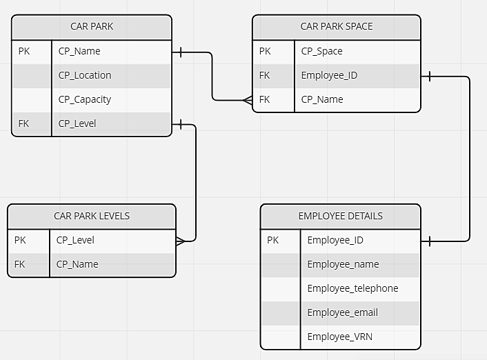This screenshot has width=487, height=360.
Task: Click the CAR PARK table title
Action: click(92, 27)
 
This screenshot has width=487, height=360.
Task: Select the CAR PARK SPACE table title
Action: click(336, 27)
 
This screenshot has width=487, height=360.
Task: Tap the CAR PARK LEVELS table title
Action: click(92, 216)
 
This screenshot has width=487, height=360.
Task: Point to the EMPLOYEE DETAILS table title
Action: click(340, 216)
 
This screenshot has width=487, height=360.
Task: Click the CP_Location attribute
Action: click(85, 75)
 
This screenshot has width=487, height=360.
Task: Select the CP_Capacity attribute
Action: click(85, 99)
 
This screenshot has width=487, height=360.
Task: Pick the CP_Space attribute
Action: click(321, 51)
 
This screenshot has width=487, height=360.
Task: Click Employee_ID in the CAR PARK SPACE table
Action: click(329, 75)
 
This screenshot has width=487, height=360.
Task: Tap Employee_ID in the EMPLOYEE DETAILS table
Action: click(335, 240)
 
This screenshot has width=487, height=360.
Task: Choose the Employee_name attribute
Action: click(343, 264)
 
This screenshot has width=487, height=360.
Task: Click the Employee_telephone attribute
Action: click(352, 288)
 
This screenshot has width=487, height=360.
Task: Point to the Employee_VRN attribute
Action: click(339, 337)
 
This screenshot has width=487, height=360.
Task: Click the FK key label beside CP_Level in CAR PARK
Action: click(24, 123)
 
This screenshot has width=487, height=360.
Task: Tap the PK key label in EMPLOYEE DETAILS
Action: click(272, 240)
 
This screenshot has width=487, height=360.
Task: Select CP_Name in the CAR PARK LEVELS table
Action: click(77, 264)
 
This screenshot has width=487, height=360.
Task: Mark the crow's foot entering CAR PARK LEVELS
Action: click(181, 241)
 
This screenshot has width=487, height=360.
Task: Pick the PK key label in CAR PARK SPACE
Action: click(265, 51)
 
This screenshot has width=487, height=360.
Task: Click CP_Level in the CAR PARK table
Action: click(77, 123)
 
